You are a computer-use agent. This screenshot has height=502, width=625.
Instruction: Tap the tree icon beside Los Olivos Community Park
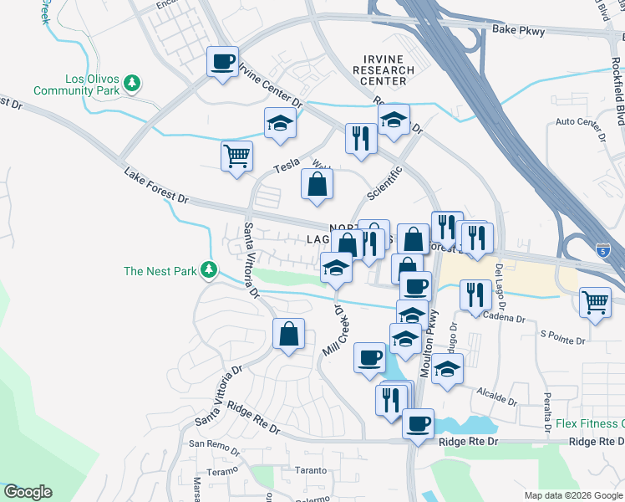click(x=131, y=83)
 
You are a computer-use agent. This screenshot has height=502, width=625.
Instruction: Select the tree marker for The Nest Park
click(x=209, y=270)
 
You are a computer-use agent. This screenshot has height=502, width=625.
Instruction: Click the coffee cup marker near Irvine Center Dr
click(x=223, y=63)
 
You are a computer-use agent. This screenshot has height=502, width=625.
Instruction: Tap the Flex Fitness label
click(x=590, y=423)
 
